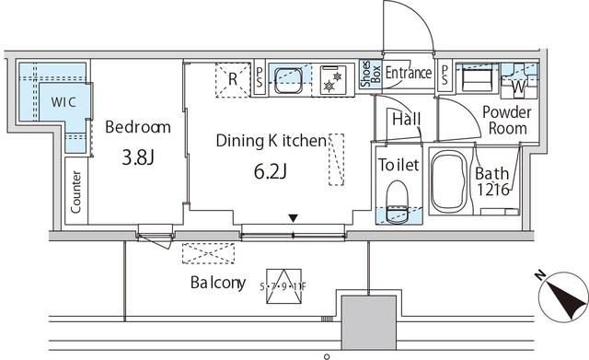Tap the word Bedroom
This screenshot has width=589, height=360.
click(x=137, y=127)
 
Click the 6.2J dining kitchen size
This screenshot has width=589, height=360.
click(x=271, y=171)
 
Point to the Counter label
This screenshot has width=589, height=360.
click(x=76, y=192)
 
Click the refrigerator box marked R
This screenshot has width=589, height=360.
click(x=233, y=79)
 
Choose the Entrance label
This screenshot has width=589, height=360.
click(x=408, y=73)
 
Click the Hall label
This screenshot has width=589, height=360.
click(x=406, y=120)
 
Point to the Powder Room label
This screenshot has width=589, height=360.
click(x=505, y=120)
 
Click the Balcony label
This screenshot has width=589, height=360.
click(x=218, y=283)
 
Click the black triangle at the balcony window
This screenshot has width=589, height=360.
click(x=294, y=218)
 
